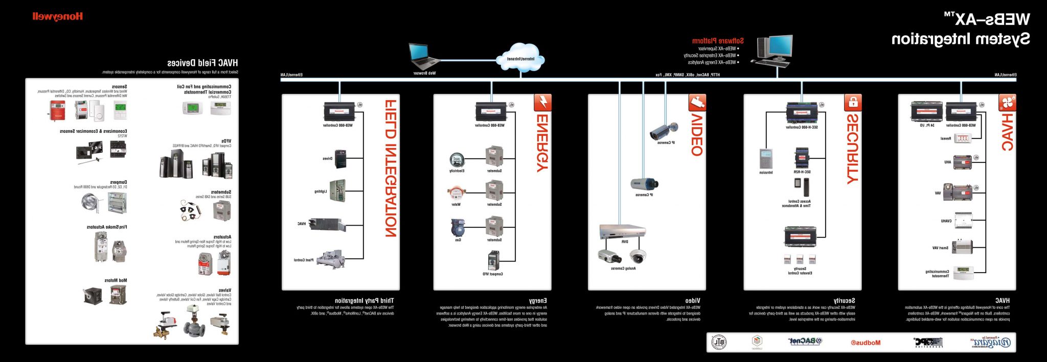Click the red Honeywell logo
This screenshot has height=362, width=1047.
coord(57,16)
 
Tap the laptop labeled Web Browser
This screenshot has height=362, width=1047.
coord(424,56)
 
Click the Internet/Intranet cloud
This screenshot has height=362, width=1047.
coord(520,58)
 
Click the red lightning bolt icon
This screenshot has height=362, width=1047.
coord(542,103)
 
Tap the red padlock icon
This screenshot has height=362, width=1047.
coord(852,103)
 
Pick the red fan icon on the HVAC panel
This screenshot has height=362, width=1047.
coord(1007,103)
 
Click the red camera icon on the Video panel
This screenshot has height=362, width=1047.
coord(697,103)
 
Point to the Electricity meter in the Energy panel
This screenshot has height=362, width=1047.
coord(457,160)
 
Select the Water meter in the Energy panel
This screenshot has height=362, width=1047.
coord(456,194)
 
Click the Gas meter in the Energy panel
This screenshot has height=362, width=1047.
coord(457,228)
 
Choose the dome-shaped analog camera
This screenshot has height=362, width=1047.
coord(637,256)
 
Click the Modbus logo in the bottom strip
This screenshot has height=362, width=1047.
coord(866,343)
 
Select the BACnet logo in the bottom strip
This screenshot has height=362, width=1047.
coord(805,342)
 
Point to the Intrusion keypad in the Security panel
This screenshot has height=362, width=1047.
coord(766,159)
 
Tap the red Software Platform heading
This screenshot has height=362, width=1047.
coord(718,41)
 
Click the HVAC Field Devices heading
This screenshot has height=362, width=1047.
coord(202,63)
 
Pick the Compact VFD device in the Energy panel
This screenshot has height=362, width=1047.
coord(493,260)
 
